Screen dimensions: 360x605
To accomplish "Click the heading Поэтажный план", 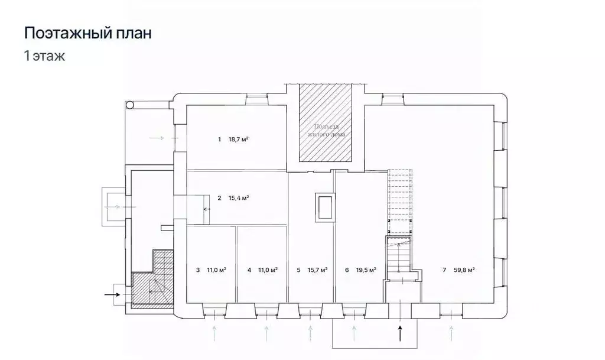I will click(x=87, y=33).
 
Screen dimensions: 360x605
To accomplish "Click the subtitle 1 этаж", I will click(x=44, y=57).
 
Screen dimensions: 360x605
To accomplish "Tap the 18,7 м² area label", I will click(x=238, y=140).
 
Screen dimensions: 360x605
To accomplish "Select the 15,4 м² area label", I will click(x=238, y=197).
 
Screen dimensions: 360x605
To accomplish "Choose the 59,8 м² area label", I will click(x=465, y=270).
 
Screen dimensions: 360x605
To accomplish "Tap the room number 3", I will click(x=197, y=270).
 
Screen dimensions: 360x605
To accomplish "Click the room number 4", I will click(x=249, y=270).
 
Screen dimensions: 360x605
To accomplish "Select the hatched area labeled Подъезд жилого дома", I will click(x=326, y=124).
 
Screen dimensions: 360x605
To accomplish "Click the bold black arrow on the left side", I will click(x=112, y=293).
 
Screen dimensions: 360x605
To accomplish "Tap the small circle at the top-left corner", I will click(x=130, y=105).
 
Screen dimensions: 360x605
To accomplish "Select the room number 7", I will click(x=444, y=270).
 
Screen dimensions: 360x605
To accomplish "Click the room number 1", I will click(x=219, y=140).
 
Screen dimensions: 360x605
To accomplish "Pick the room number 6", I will click(x=347, y=270).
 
